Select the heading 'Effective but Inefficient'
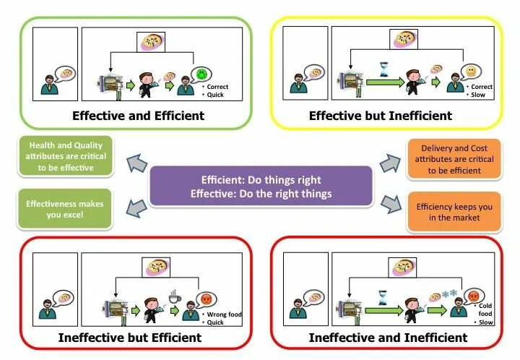[x=381, y=116]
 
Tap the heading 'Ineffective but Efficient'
[x=131, y=338]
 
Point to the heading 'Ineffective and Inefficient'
[x=388, y=338]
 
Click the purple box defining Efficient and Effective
[x=261, y=187]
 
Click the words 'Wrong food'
[x=224, y=315]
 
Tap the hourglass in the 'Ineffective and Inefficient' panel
[x=383, y=296]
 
